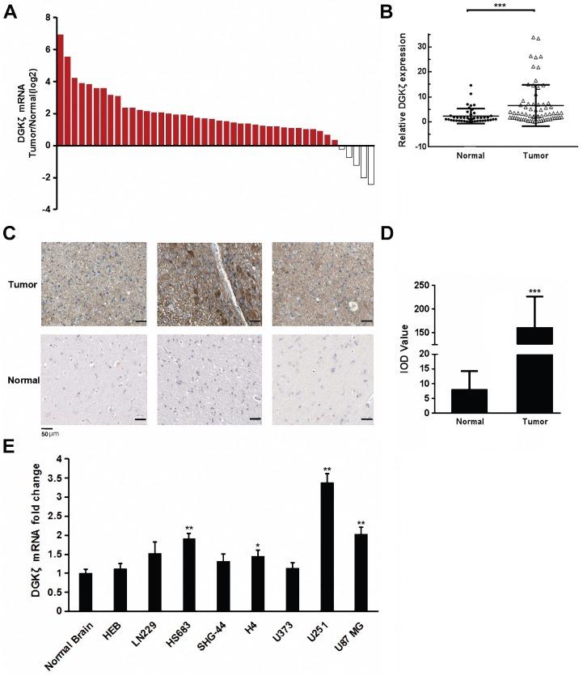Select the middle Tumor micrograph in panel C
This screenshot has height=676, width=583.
tap(209, 285)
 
